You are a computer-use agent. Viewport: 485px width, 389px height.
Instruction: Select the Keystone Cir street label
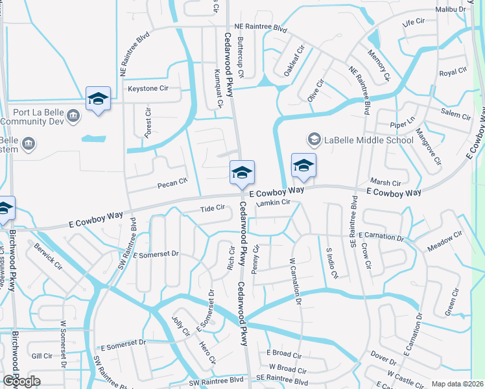point(148,88)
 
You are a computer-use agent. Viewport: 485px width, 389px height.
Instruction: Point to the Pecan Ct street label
point(172,184)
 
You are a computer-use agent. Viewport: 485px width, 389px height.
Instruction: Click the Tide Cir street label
point(213,208)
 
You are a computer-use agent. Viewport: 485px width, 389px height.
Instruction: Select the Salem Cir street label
point(456,115)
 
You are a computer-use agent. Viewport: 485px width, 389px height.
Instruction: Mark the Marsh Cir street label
point(385,183)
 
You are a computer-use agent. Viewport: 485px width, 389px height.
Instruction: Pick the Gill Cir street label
point(41,356)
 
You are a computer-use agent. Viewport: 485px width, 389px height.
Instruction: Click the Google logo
point(21,381)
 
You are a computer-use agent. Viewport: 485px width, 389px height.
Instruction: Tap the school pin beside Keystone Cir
point(98,99)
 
